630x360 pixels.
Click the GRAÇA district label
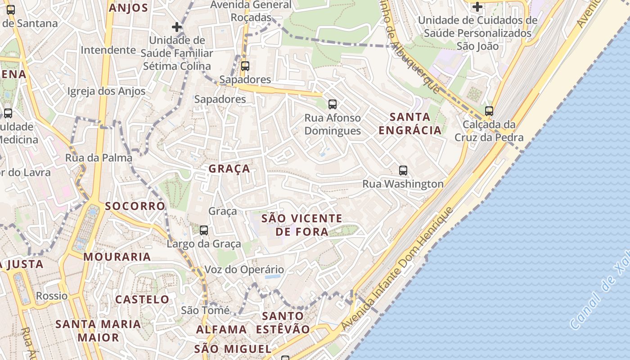pos(229,169)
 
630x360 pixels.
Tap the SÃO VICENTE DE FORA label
pos(301,225)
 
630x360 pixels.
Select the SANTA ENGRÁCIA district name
pos(410,124)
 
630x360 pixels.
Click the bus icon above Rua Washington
pos(403,171)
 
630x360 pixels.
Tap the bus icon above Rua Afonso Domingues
pos(333,104)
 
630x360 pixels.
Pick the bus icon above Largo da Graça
pos(204,230)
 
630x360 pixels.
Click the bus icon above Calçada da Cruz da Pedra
pos(489,111)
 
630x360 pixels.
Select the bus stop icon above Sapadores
pos(245,66)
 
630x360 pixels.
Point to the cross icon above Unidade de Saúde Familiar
pos(177,27)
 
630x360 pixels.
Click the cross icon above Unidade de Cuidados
pos(477,7)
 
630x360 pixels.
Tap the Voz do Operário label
pos(244,270)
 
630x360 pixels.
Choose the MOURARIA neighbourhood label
pos(117,257)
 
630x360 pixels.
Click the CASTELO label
pos(142,299)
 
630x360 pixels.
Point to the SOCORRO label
pos(135,206)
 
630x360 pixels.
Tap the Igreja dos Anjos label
pos(106,91)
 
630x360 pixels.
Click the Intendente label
pos(108,50)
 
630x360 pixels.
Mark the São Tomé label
pos(205,310)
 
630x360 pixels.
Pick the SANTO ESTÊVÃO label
pos(283,323)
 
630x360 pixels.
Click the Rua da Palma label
pos(99,157)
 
